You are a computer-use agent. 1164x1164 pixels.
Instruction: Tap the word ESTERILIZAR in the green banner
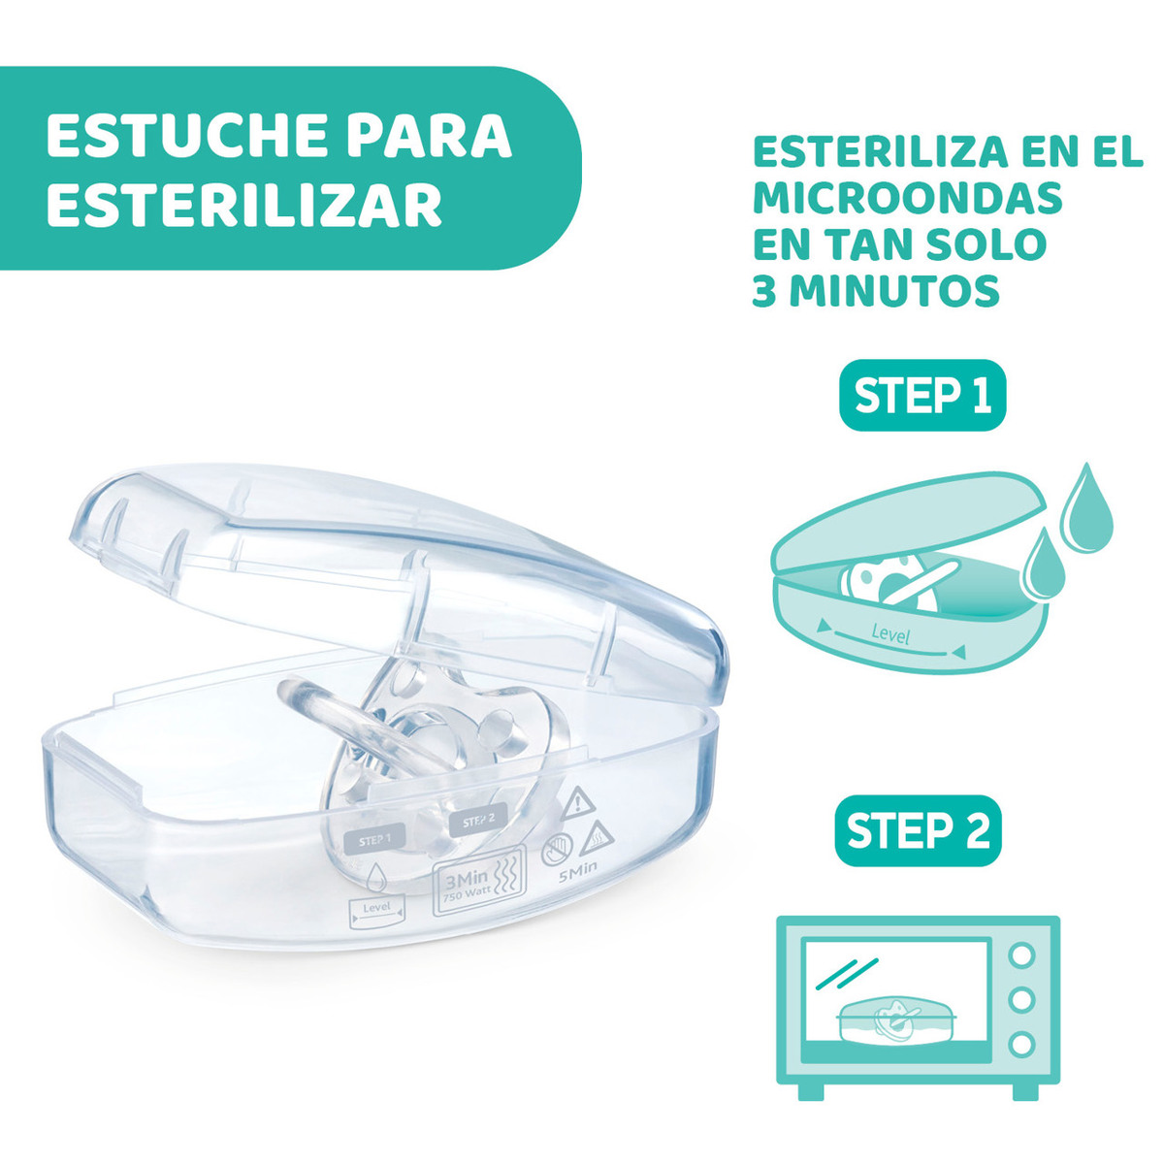(x=244, y=204)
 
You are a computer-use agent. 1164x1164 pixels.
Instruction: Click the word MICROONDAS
(x=907, y=197)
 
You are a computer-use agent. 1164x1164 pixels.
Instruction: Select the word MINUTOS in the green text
(x=894, y=291)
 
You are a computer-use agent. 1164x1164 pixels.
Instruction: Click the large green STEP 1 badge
(x=922, y=396)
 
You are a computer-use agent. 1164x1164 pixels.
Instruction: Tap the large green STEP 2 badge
(x=918, y=830)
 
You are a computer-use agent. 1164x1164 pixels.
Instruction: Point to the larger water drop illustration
(x=1086, y=508)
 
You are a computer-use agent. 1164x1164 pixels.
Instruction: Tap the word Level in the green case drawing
(x=890, y=634)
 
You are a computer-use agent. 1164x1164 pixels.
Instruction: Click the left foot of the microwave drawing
(x=811, y=1091)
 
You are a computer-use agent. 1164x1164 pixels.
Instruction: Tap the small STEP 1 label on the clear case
(x=374, y=840)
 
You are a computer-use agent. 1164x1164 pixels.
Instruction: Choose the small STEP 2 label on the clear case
(x=478, y=822)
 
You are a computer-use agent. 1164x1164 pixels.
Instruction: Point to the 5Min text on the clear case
(x=577, y=873)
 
